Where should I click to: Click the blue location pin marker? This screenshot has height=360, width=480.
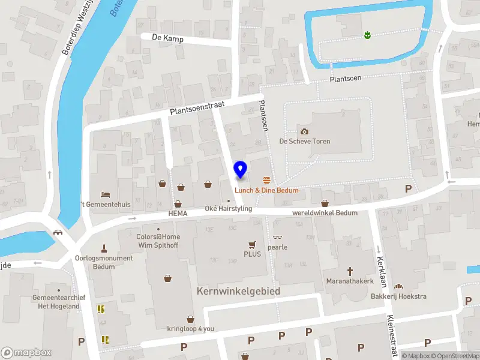point(241,170)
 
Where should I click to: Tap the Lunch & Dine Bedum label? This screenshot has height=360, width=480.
point(266,190)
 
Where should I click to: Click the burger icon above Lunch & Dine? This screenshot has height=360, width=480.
point(266,180)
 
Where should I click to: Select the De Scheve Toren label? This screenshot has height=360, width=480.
point(305,142)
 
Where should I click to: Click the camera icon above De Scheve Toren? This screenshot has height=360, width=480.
point(304,131)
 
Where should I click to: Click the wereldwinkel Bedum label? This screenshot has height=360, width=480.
point(325,213)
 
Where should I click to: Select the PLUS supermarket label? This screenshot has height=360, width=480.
point(252,254)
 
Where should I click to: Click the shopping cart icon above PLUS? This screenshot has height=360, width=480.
point(252,244)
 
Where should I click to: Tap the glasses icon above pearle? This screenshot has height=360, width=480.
point(277,238)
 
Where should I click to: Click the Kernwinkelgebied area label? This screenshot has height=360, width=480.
point(238,291)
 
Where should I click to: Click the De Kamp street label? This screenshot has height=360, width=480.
point(167,38)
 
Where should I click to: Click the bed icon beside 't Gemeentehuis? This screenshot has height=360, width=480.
point(106,194)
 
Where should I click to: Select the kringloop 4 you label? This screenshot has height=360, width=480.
point(190,328)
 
